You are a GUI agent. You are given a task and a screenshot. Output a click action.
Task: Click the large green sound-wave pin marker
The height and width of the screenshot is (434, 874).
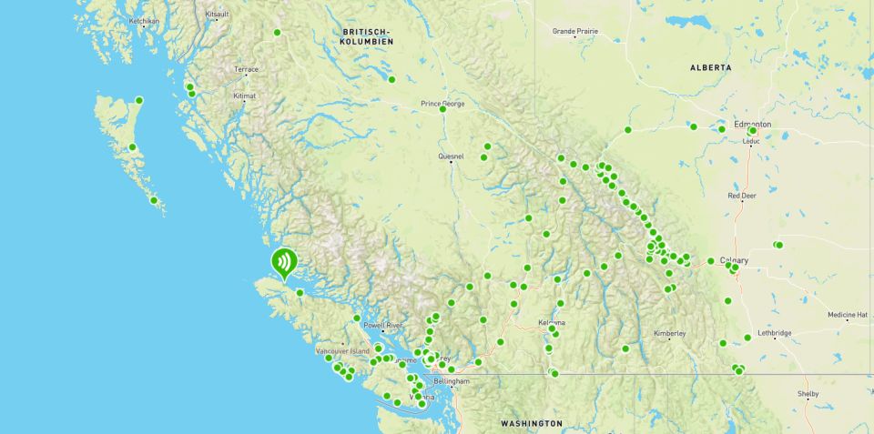coord(285,263)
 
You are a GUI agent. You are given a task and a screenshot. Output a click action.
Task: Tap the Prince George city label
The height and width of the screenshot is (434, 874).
coord(442,104)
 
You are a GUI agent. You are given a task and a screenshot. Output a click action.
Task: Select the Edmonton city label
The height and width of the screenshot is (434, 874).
coord(752,124)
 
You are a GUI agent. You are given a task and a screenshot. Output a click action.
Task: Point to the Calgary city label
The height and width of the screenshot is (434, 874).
coord(734,260)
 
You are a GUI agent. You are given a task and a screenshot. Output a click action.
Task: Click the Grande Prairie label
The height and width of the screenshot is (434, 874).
coord(575,31)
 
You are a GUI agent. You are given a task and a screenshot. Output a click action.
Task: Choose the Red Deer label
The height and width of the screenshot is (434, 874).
coord(742,196)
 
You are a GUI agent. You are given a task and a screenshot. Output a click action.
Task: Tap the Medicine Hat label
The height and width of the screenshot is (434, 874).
coord(848,315)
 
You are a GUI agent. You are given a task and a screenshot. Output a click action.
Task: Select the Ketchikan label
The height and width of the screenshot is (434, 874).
coord(144,20)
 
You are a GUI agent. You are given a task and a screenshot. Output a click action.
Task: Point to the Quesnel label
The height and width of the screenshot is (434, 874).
coord(451,156)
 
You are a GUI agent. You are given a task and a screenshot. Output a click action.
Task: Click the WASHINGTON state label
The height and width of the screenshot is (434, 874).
coord(532,424)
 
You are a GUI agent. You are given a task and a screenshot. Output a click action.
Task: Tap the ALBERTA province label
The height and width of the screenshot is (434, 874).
coord(710,68)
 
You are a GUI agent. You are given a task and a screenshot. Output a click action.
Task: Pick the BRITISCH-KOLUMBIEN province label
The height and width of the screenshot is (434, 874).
coord(367,36)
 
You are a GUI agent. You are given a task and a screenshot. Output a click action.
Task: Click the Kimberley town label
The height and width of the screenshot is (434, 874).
coord(669,334)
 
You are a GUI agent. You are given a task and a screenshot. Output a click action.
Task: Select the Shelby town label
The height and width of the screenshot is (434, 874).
coord(808,394)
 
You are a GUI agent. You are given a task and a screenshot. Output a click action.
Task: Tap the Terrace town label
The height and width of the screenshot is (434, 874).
coord(246,69)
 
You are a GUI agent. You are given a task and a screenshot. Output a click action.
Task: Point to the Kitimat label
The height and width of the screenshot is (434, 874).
coord(244,96)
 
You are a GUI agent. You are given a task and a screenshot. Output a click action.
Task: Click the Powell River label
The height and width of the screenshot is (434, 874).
coord(382,325)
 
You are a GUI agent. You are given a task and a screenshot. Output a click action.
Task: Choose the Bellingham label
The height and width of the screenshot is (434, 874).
coord(452,381)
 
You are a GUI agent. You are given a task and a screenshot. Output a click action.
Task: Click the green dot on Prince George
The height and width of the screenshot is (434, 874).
coord(442,109)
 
